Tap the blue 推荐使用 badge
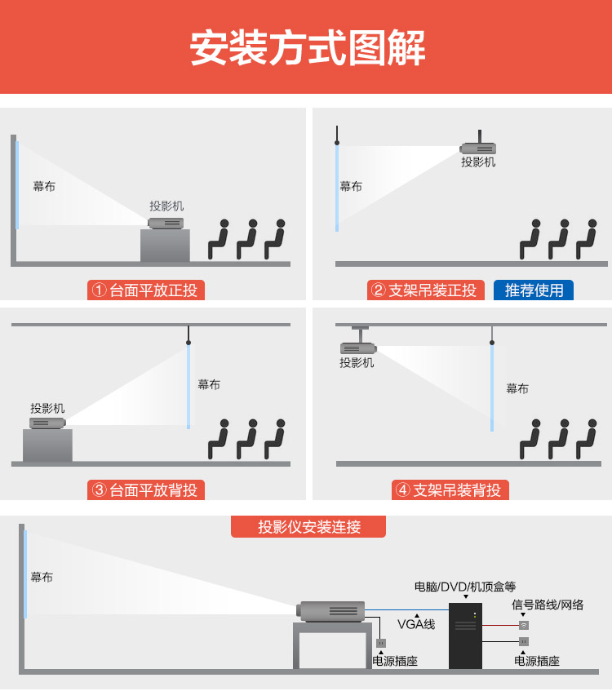point(534,290)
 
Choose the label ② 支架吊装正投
point(424,290)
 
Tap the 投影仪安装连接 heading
point(308,527)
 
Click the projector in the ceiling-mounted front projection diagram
point(478,148)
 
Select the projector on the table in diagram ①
point(166,223)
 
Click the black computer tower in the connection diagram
point(466,636)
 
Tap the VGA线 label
point(416,625)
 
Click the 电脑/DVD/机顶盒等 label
point(465,587)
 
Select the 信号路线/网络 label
point(548,605)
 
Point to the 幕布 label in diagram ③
point(209,384)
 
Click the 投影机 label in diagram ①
point(166,206)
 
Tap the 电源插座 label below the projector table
point(395,661)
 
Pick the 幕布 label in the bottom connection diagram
point(42,577)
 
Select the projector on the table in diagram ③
point(47,423)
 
